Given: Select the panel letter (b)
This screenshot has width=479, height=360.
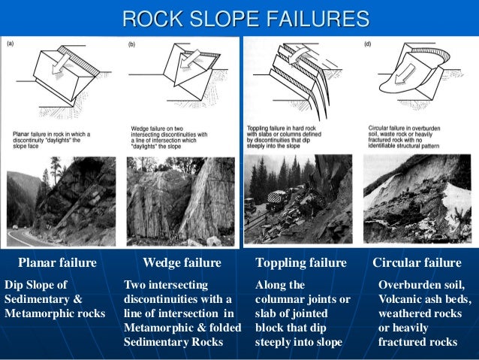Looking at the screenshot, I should [x=132, y=44].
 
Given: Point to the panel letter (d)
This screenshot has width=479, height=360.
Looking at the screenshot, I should [x=367, y=44].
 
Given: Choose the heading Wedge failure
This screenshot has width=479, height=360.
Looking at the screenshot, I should [x=182, y=263].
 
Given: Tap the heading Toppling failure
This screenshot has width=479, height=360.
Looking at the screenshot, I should [x=301, y=263].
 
